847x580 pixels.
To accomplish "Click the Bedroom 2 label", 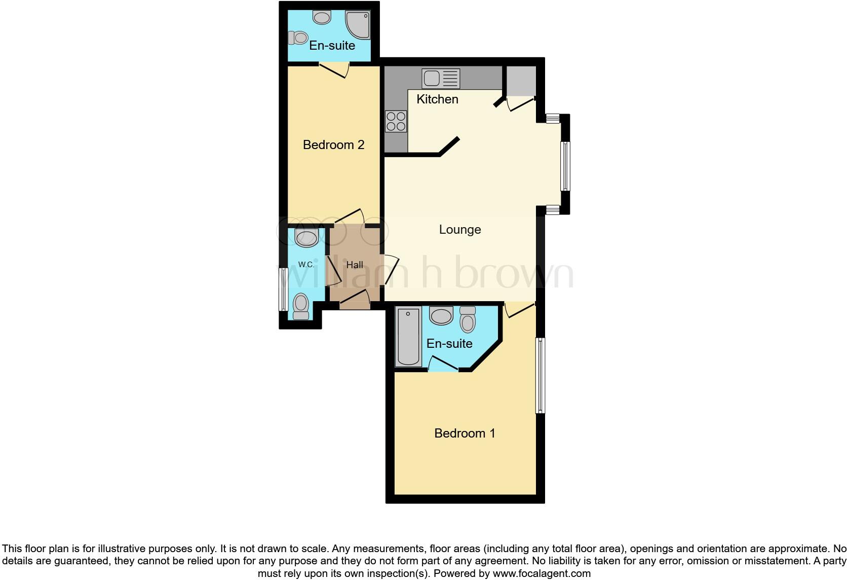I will click(x=333, y=145).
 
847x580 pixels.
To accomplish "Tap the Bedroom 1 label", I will click(x=465, y=433).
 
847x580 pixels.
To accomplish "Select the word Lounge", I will click(x=459, y=230).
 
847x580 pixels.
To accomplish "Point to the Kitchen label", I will click(x=437, y=99).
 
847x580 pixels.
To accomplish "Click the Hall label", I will click(x=355, y=265).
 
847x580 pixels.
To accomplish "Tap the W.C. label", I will click(x=306, y=264).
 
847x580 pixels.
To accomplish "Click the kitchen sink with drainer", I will click(x=441, y=79).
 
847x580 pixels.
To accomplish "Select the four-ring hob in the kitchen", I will click(x=396, y=122).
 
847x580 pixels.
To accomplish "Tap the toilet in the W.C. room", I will click(x=301, y=306).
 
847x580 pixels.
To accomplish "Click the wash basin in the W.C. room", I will click(x=306, y=237).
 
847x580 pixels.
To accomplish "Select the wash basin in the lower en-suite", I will click(x=441, y=315).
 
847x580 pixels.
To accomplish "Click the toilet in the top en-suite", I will click(x=298, y=38).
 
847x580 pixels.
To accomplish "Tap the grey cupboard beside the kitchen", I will click(x=521, y=80).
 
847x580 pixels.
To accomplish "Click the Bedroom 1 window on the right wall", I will click(x=541, y=375).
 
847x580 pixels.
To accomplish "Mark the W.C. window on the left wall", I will click(x=284, y=289).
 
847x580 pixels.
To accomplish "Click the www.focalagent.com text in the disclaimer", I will click(x=542, y=574).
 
